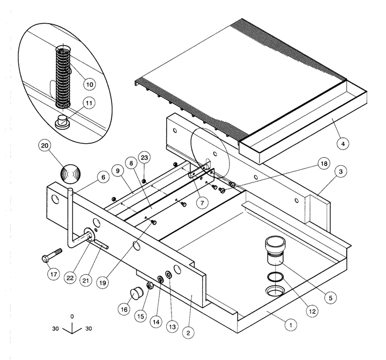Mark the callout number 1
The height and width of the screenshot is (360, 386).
[x=289, y=324]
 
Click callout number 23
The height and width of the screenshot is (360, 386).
[x=144, y=158]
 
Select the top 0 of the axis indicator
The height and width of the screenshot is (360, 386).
[x=72, y=317]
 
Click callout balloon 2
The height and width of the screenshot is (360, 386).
[x=188, y=333]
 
